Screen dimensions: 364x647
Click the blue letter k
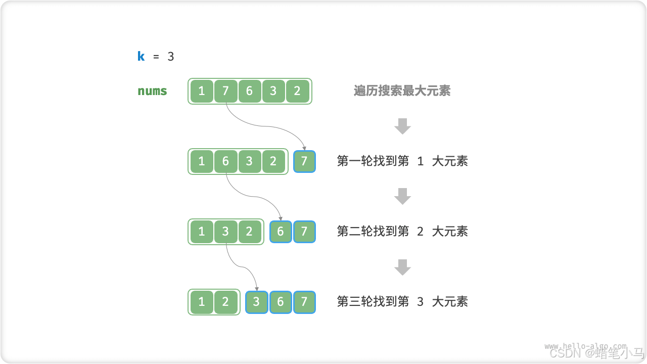[141, 56]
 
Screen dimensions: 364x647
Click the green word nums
[152, 91]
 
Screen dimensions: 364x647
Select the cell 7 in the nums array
[225, 91]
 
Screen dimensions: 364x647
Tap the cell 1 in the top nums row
[202, 91]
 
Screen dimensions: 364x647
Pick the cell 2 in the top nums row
[297, 91]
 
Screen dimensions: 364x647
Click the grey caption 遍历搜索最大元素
[402, 91]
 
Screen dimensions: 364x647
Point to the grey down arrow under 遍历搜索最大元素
[402, 126]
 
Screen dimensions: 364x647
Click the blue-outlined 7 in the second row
[304, 161]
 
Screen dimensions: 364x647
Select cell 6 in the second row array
[225, 161]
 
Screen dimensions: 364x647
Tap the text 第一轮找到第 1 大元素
[402, 161]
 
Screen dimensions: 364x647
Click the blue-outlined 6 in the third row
[281, 232]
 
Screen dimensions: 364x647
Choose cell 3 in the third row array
[225, 232]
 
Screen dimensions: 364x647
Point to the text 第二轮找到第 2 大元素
[402, 232]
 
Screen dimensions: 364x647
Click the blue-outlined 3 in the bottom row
[256, 302]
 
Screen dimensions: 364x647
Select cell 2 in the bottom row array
[225, 302]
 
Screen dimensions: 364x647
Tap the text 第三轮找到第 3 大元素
[402, 302]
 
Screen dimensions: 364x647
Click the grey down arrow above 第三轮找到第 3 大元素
[402, 266]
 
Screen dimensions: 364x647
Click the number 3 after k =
[171, 56]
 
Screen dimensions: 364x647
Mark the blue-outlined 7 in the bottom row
[304, 302]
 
